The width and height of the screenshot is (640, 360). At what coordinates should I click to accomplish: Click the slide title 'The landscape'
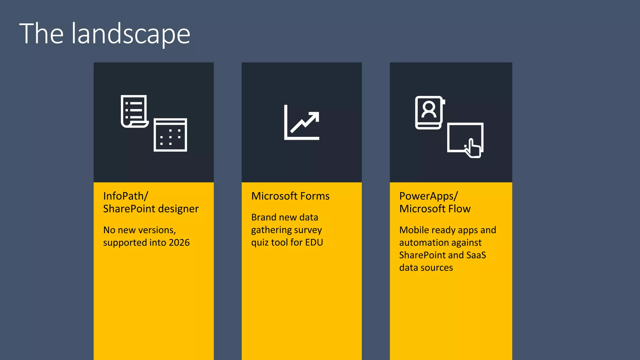[x=105, y=34]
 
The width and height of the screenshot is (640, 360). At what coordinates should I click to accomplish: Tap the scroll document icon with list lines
[x=134, y=111]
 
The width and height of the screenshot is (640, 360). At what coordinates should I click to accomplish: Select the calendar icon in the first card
[x=170, y=135]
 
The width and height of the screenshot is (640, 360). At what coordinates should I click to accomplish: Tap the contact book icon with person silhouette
[x=429, y=112]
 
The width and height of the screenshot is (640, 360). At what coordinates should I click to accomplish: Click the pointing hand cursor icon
[x=473, y=148]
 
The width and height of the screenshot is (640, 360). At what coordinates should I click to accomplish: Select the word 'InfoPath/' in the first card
[x=126, y=196]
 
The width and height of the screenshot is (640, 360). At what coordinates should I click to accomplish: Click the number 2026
[x=179, y=242]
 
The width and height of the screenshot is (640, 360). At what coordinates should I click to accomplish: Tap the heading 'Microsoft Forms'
[x=290, y=196]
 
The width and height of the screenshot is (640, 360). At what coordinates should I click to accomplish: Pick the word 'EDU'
[x=314, y=242]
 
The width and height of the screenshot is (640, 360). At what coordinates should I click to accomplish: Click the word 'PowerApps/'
[x=428, y=196]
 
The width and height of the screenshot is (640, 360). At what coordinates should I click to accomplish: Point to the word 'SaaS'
[x=476, y=255]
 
